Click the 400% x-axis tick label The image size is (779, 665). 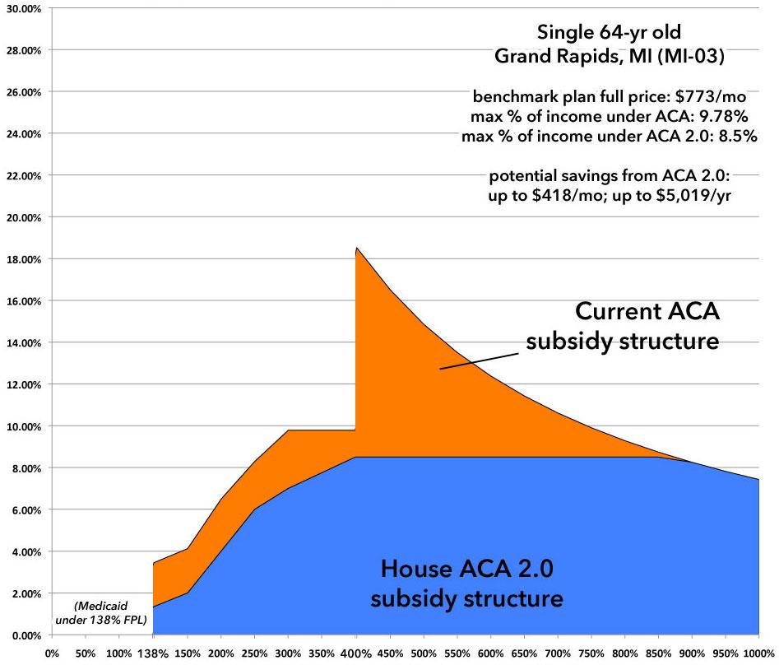tap(356, 653)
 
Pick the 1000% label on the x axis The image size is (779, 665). tap(758, 653)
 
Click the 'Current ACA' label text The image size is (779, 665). tap(648, 313)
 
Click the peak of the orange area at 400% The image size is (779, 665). tap(356, 248)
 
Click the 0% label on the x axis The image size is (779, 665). tap(51, 653)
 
